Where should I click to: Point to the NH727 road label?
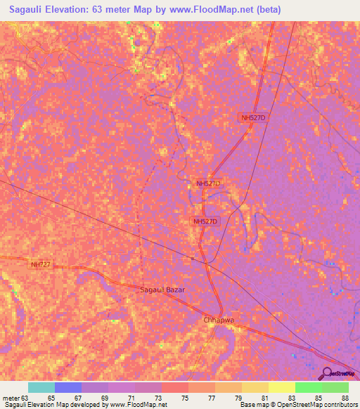tap(40, 265)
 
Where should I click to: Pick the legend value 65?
tap(67, 397)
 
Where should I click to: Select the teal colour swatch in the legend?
tap(41, 387)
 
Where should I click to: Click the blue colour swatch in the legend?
tap(67, 387)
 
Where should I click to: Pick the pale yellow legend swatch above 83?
tap(282, 387)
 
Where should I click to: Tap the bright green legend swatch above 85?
tap(309, 387)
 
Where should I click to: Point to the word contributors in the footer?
tap(340, 405)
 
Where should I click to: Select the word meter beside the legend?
tap(11, 397)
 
